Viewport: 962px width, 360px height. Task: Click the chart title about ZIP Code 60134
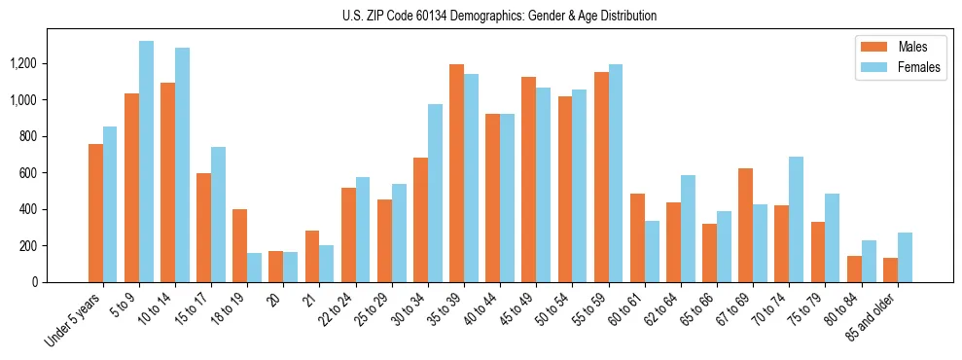[499, 16]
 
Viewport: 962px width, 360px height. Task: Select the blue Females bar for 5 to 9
[146, 162]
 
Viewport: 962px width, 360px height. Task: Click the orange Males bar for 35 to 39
[456, 173]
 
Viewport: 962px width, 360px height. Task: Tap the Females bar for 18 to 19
[254, 268]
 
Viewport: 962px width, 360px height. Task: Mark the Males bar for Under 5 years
[95, 213]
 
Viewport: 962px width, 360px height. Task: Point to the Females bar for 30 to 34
[435, 194]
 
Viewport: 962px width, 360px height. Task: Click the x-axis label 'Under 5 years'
[74, 319]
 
